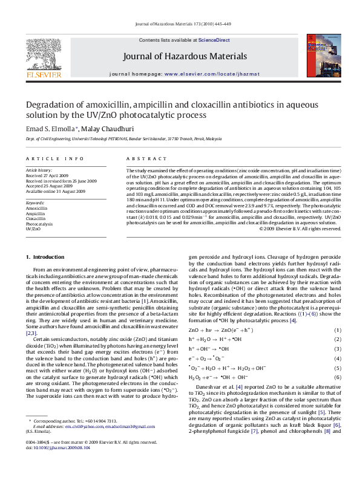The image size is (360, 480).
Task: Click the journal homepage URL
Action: pos(208,73)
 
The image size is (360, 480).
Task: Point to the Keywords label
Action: pos(34,203)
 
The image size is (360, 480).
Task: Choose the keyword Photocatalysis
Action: pos(40,224)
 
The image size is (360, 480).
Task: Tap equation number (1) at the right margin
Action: pos(338,331)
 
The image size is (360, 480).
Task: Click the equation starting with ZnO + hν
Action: pos(216,331)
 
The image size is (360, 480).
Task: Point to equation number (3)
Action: pos(338,349)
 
